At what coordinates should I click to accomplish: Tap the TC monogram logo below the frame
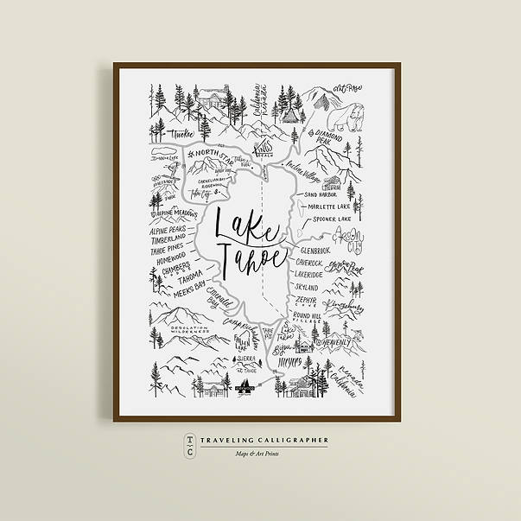tap(188, 446)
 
